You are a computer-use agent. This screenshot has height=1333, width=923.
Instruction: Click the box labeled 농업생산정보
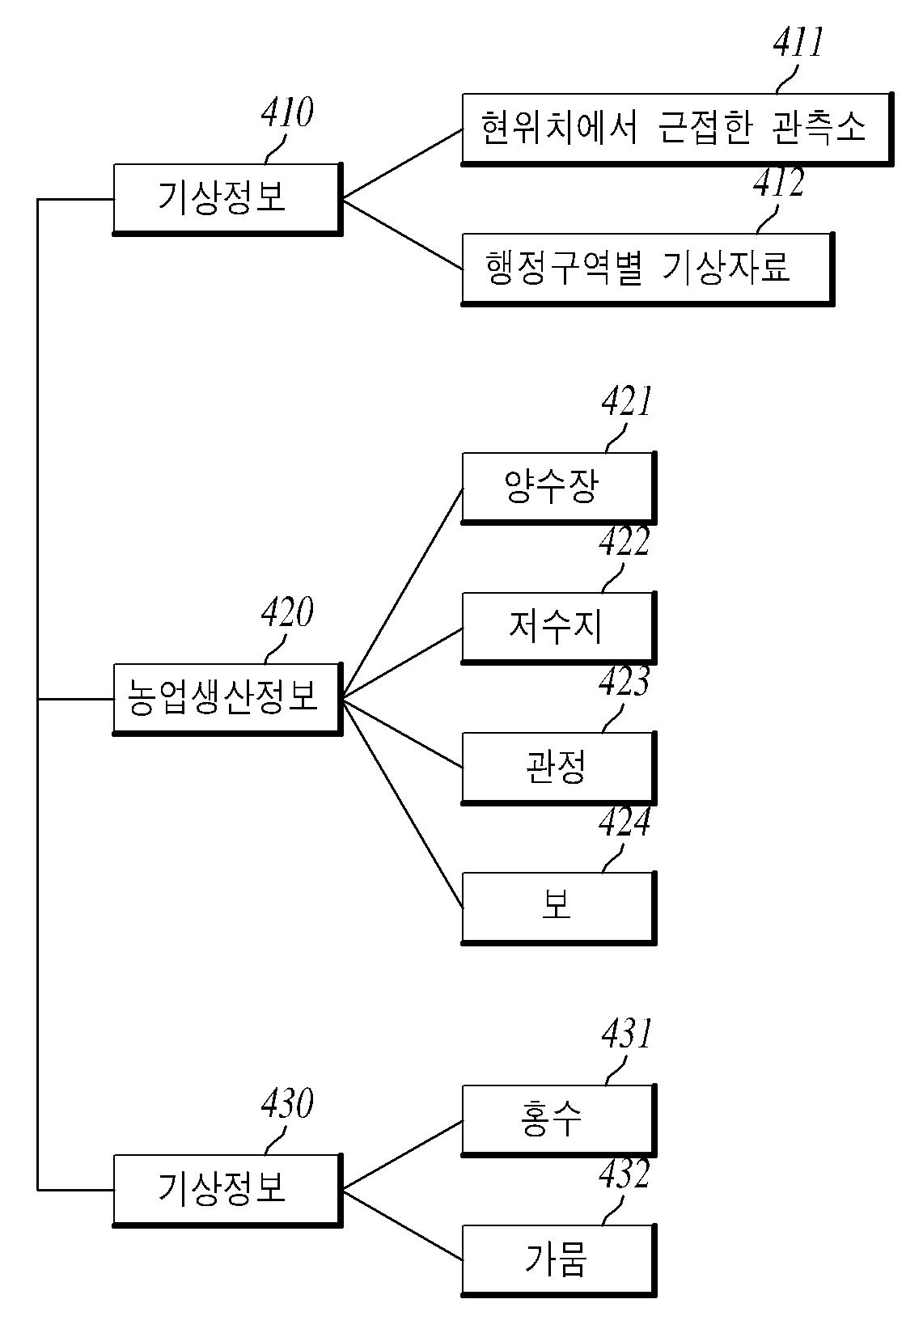coord(228,699)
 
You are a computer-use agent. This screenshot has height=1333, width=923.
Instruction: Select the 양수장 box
coord(559,488)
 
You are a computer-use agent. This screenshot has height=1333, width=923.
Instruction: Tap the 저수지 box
coord(559,628)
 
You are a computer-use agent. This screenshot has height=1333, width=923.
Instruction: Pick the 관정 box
coord(559,768)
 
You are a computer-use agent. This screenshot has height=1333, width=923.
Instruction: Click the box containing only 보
coord(559,908)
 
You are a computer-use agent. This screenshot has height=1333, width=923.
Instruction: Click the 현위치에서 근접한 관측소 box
coord(677,129)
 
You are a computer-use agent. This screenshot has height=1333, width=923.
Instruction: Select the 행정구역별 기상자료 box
coord(647,269)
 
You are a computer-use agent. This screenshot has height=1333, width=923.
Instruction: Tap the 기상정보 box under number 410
coord(228,199)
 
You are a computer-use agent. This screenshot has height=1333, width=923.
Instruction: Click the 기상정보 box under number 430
coord(228,1190)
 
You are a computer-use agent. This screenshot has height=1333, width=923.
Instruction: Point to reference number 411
coord(798,42)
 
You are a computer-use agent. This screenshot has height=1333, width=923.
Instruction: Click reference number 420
coord(287,611)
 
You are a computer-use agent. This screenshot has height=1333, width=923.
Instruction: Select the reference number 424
coord(625,822)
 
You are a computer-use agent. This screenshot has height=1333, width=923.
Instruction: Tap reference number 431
coord(627,1033)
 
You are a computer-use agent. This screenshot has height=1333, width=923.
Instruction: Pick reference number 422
coord(625,542)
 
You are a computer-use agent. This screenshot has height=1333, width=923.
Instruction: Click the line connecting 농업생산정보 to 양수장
coord(403,594)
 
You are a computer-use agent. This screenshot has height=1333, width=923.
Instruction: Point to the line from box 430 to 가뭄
coord(403,1225)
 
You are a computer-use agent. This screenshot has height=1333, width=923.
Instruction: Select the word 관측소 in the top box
coord(819,127)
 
